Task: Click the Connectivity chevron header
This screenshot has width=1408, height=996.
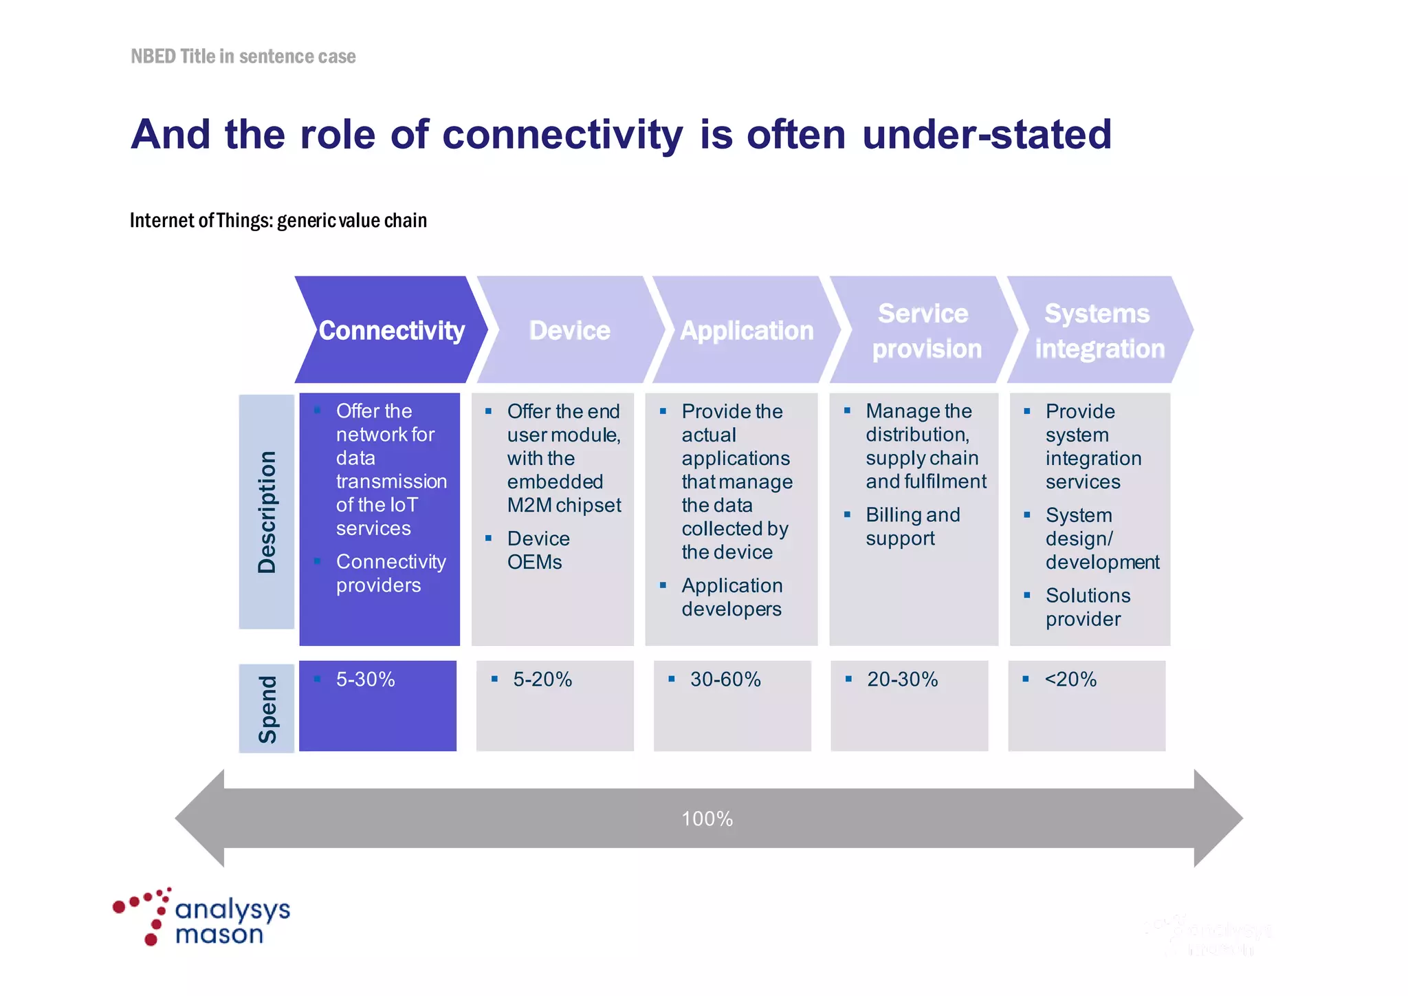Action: (x=391, y=330)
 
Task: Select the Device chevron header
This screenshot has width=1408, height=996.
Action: (x=569, y=330)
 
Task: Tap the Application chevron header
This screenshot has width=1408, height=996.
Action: (x=746, y=330)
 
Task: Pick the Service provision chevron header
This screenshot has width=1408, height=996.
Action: (x=925, y=331)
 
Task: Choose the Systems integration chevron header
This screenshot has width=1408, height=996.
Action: (x=1099, y=331)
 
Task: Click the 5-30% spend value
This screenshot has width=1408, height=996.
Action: (x=365, y=680)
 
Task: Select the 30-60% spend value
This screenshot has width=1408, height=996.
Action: (x=725, y=680)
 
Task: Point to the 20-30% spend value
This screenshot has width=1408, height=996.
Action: (x=902, y=680)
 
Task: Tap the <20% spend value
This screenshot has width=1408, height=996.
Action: (x=1070, y=680)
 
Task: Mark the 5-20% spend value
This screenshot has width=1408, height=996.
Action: (x=542, y=680)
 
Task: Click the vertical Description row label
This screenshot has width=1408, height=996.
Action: (x=267, y=512)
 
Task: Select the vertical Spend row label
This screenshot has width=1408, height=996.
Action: (x=267, y=708)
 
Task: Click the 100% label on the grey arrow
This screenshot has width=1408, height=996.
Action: (x=707, y=819)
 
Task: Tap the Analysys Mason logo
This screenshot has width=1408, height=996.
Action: (x=203, y=918)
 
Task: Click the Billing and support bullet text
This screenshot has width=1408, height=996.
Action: (x=912, y=526)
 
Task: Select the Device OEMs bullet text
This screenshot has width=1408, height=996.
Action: (x=538, y=550)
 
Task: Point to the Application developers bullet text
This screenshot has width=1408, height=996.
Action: (x=731, y=597)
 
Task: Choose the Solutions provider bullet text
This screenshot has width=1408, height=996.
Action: (x=1088, y=607)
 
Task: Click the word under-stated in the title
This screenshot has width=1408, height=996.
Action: (x=986, y=134)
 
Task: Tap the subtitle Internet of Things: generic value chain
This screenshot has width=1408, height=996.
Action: (x=278, y=220)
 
